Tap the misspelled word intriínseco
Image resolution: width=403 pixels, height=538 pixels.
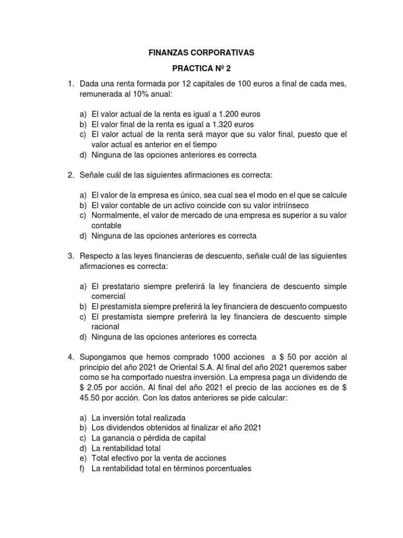(x=280, y=205)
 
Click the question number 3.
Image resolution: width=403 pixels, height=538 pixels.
(x=69, y=256)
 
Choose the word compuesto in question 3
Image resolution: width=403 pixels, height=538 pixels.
(x=330, y=306)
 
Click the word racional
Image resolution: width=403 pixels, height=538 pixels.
(x=105, y=326)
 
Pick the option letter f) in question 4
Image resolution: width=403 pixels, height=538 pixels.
(x=83, y=468)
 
